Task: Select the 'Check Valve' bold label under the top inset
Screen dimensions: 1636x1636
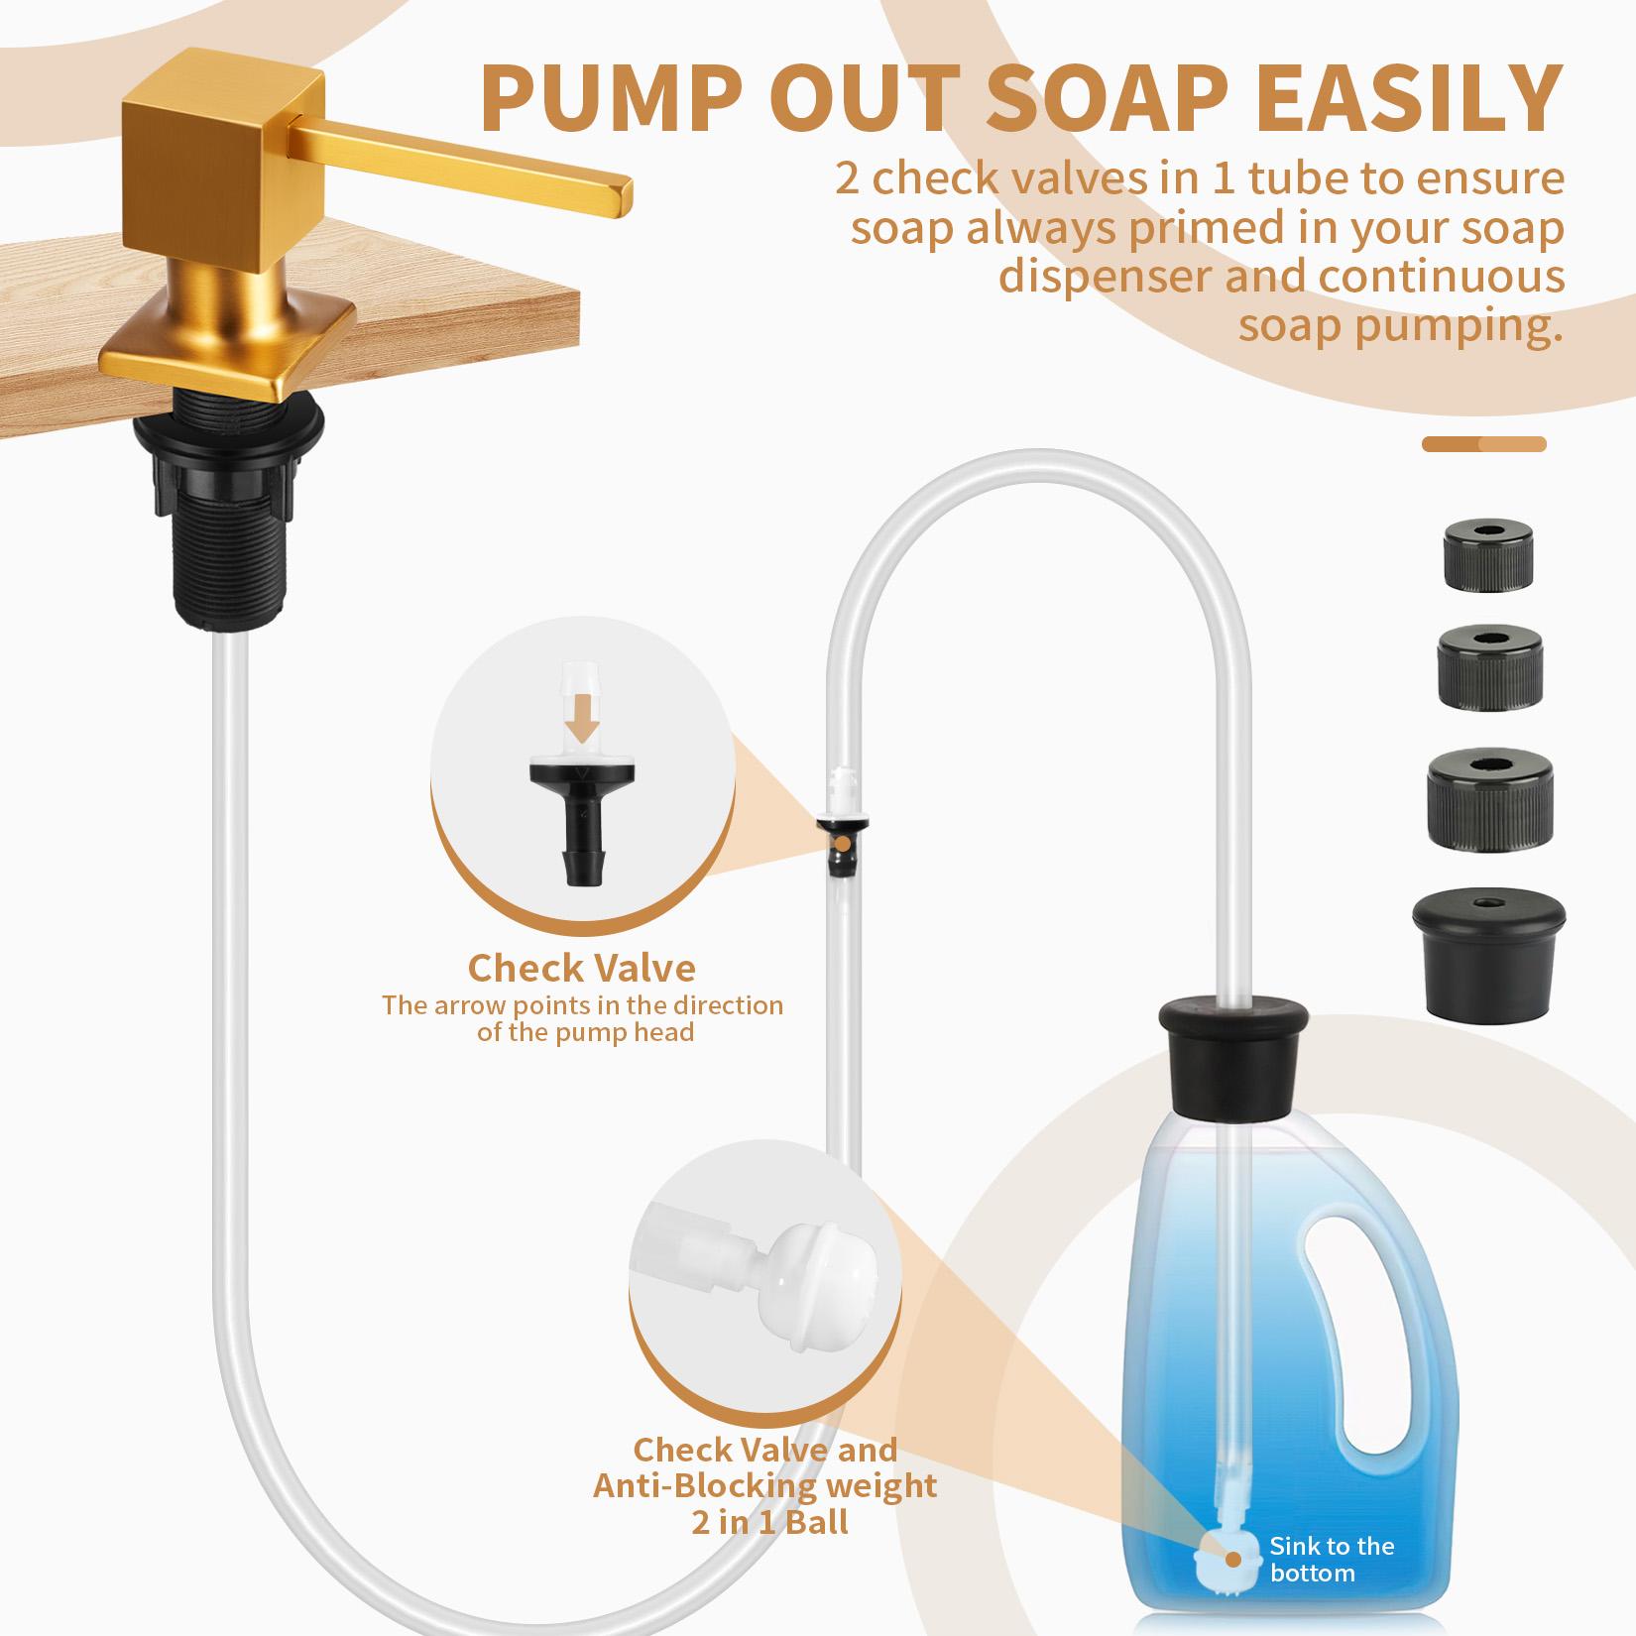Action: point(581,967)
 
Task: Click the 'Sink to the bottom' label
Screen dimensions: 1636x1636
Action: point(1331,1559)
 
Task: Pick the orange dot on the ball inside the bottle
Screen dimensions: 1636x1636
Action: point(1232,1558)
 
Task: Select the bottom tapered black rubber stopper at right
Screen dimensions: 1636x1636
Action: point(1488,961)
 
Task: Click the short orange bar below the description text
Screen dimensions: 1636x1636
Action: point(1483,444)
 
